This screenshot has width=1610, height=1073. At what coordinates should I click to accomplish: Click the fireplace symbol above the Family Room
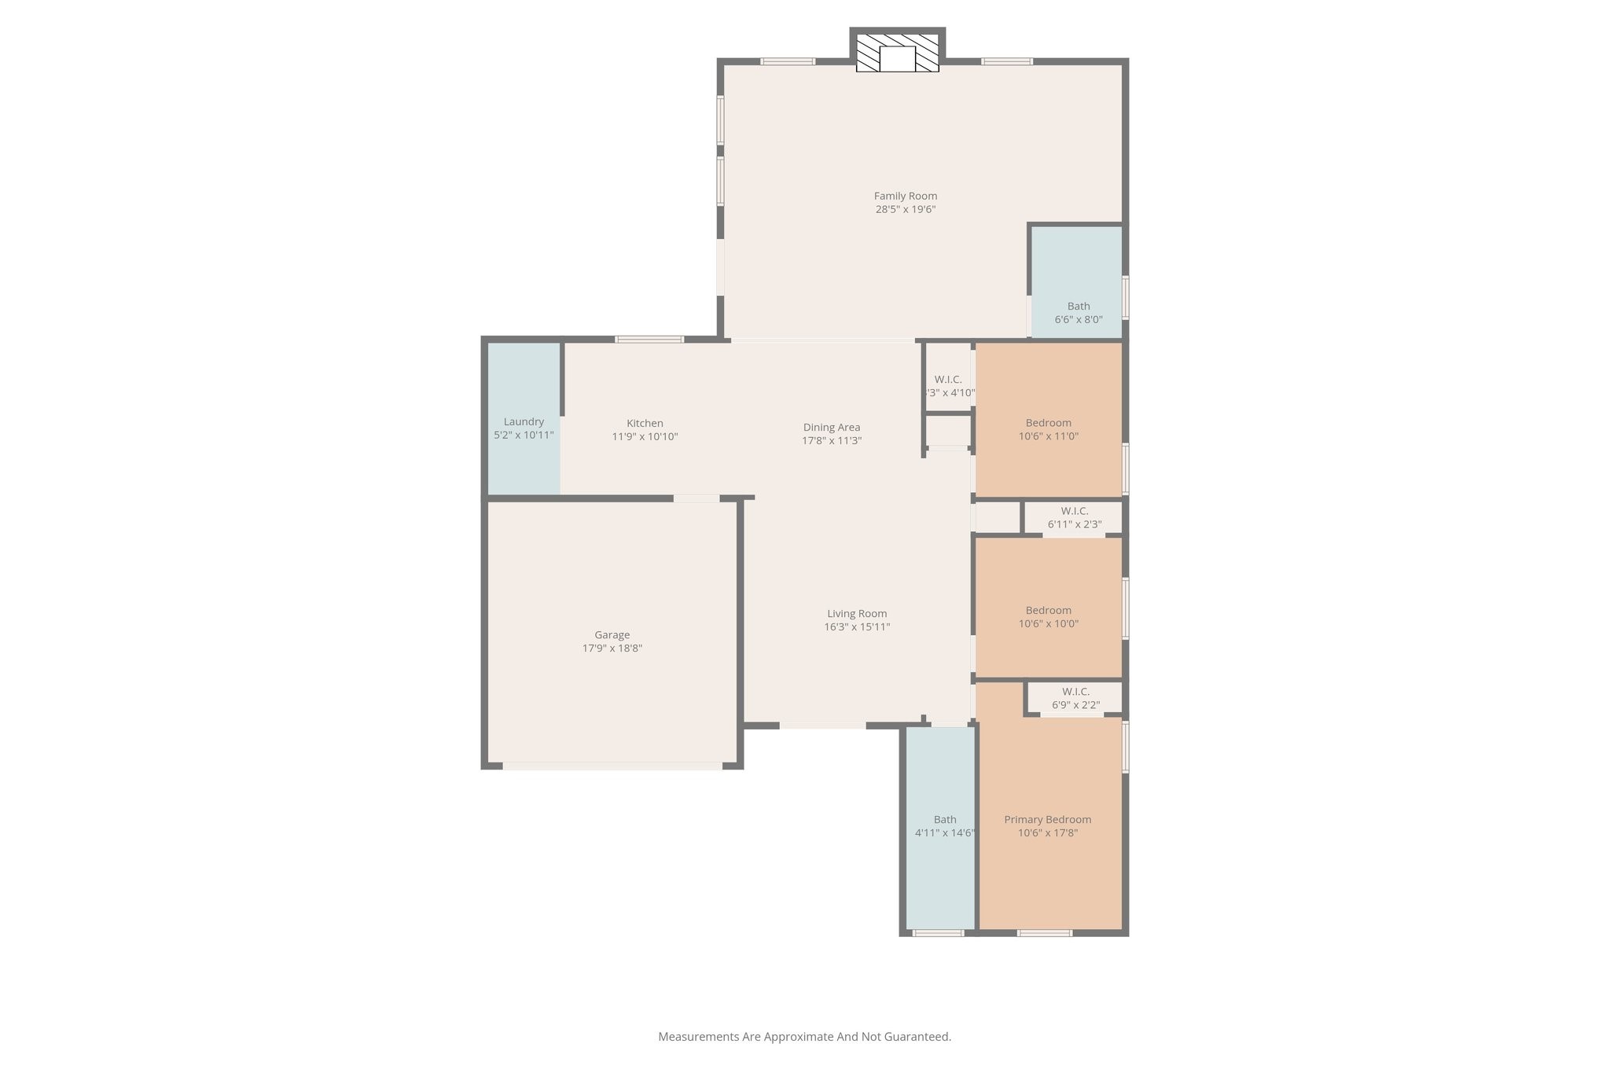pyautogui.click(x=897, y=53)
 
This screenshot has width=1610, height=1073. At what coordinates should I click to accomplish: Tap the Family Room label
pyautogui.click(x=906, y=196)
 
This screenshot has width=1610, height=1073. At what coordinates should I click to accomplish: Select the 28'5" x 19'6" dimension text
pyautogui.click(x=906, y=210)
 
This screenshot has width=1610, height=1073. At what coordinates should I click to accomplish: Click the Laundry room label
pyautogui.click(x=524, y=422)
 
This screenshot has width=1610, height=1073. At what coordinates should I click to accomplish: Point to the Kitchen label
pyautogui.click(x=645, y=423)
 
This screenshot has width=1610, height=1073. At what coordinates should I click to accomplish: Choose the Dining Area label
pyautogui.click(x=831, y=428)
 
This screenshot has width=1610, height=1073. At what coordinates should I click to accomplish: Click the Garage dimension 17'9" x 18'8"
pyautogui.click(x=612, y=649)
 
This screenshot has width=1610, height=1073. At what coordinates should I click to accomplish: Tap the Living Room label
pyautogui.click(x=857, y=614)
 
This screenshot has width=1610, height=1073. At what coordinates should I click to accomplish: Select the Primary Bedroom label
pyautogui.click(x=1047, y=819)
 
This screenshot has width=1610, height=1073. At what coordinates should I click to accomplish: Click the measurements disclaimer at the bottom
pyautogui.click(x=804, y=1037)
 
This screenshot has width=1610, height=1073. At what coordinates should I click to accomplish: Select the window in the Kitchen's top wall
pyautogui.click(x=649, y=340)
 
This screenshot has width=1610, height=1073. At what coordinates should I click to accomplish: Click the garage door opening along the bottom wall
pyautogui.click(x=612, y=766)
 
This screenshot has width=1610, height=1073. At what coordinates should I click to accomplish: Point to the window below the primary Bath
pyautogui.click(x=938, y=933)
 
